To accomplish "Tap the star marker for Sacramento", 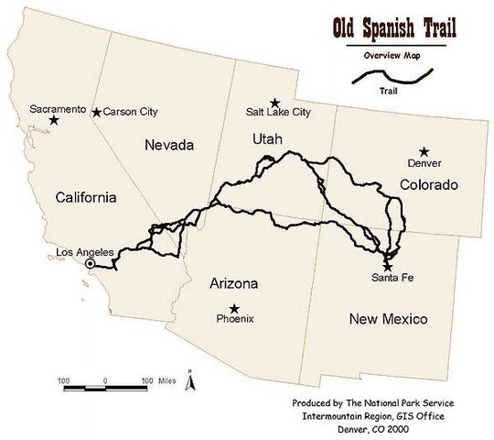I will point(55,120).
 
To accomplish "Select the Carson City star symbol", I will point(97,113).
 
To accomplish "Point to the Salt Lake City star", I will point(274,103).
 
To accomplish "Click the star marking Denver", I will point(424,151).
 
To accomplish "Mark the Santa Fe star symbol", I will point(387,265).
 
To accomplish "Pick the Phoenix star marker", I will point(235,308).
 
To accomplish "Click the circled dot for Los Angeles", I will point(91,264).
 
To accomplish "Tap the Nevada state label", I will point(171,145).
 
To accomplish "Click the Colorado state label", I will point(428,185).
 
